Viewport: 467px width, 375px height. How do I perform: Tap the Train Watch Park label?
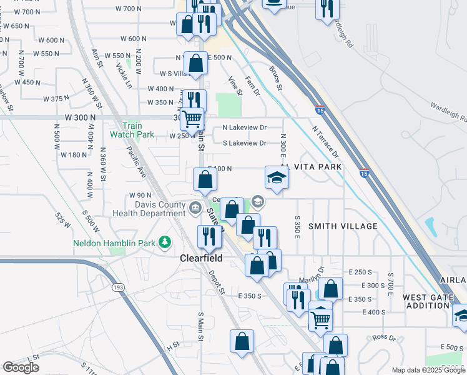pos(132,130)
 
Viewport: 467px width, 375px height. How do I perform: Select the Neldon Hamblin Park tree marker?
pos(165,242)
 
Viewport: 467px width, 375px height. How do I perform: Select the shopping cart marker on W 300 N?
pos(194,118)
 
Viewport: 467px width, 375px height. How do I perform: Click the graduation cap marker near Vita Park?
pos(277,178)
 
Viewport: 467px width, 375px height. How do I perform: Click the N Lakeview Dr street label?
pos(245,127)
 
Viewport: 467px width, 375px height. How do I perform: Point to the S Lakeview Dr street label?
pos(245,143)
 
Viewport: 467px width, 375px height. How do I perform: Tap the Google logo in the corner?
pos(21,367)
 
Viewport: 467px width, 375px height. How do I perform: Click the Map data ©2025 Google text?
pos(428,370)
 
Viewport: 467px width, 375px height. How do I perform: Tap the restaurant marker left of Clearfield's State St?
pos(207,236)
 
